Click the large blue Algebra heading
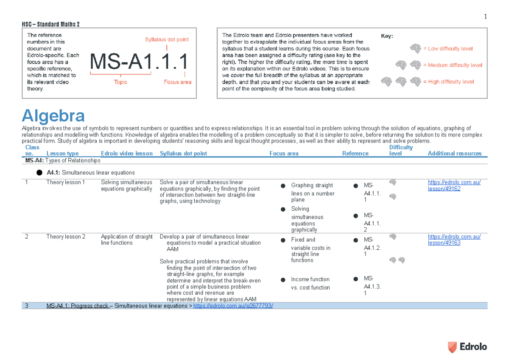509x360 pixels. pos(53,116)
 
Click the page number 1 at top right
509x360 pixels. pos(485,17)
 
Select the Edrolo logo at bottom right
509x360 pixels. pos(468,346)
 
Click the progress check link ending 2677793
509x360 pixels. pos(233,306)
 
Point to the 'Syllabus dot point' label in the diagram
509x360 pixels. pos(167,39)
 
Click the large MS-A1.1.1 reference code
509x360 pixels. pos(139,62)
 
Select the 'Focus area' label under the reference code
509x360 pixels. pos(177,82)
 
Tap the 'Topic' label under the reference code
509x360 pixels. pos(120,82)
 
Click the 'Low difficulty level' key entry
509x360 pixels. pos(447,49)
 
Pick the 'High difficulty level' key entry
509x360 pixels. pos(448,82)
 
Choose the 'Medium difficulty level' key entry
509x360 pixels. pos(452,65)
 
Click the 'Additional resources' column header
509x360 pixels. pos(455,153)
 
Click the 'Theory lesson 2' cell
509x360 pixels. pos(66,237)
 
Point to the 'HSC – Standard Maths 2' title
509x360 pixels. pos(50,24)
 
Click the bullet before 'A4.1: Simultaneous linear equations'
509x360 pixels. pos(39,173)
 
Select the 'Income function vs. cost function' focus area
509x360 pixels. pos(310,283)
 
